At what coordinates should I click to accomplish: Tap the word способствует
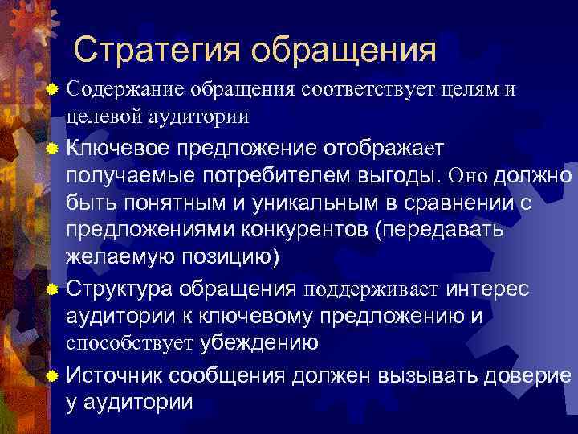click(x=129, y=343)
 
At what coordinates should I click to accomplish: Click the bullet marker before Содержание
click(x=53, y=90)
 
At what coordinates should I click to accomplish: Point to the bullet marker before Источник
click(x=53, y=375)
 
